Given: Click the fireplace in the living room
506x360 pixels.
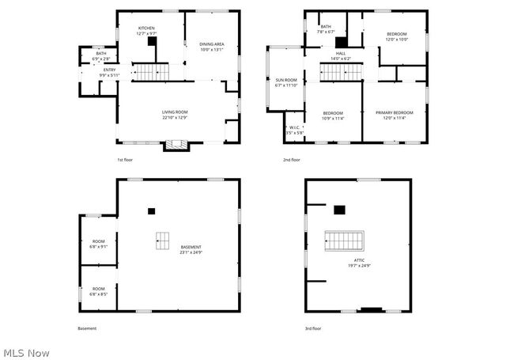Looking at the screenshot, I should click(176, 145).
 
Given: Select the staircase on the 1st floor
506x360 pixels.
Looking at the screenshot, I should click(150, 73).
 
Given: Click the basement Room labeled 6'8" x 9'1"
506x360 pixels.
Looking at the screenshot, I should click(99, 244).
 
